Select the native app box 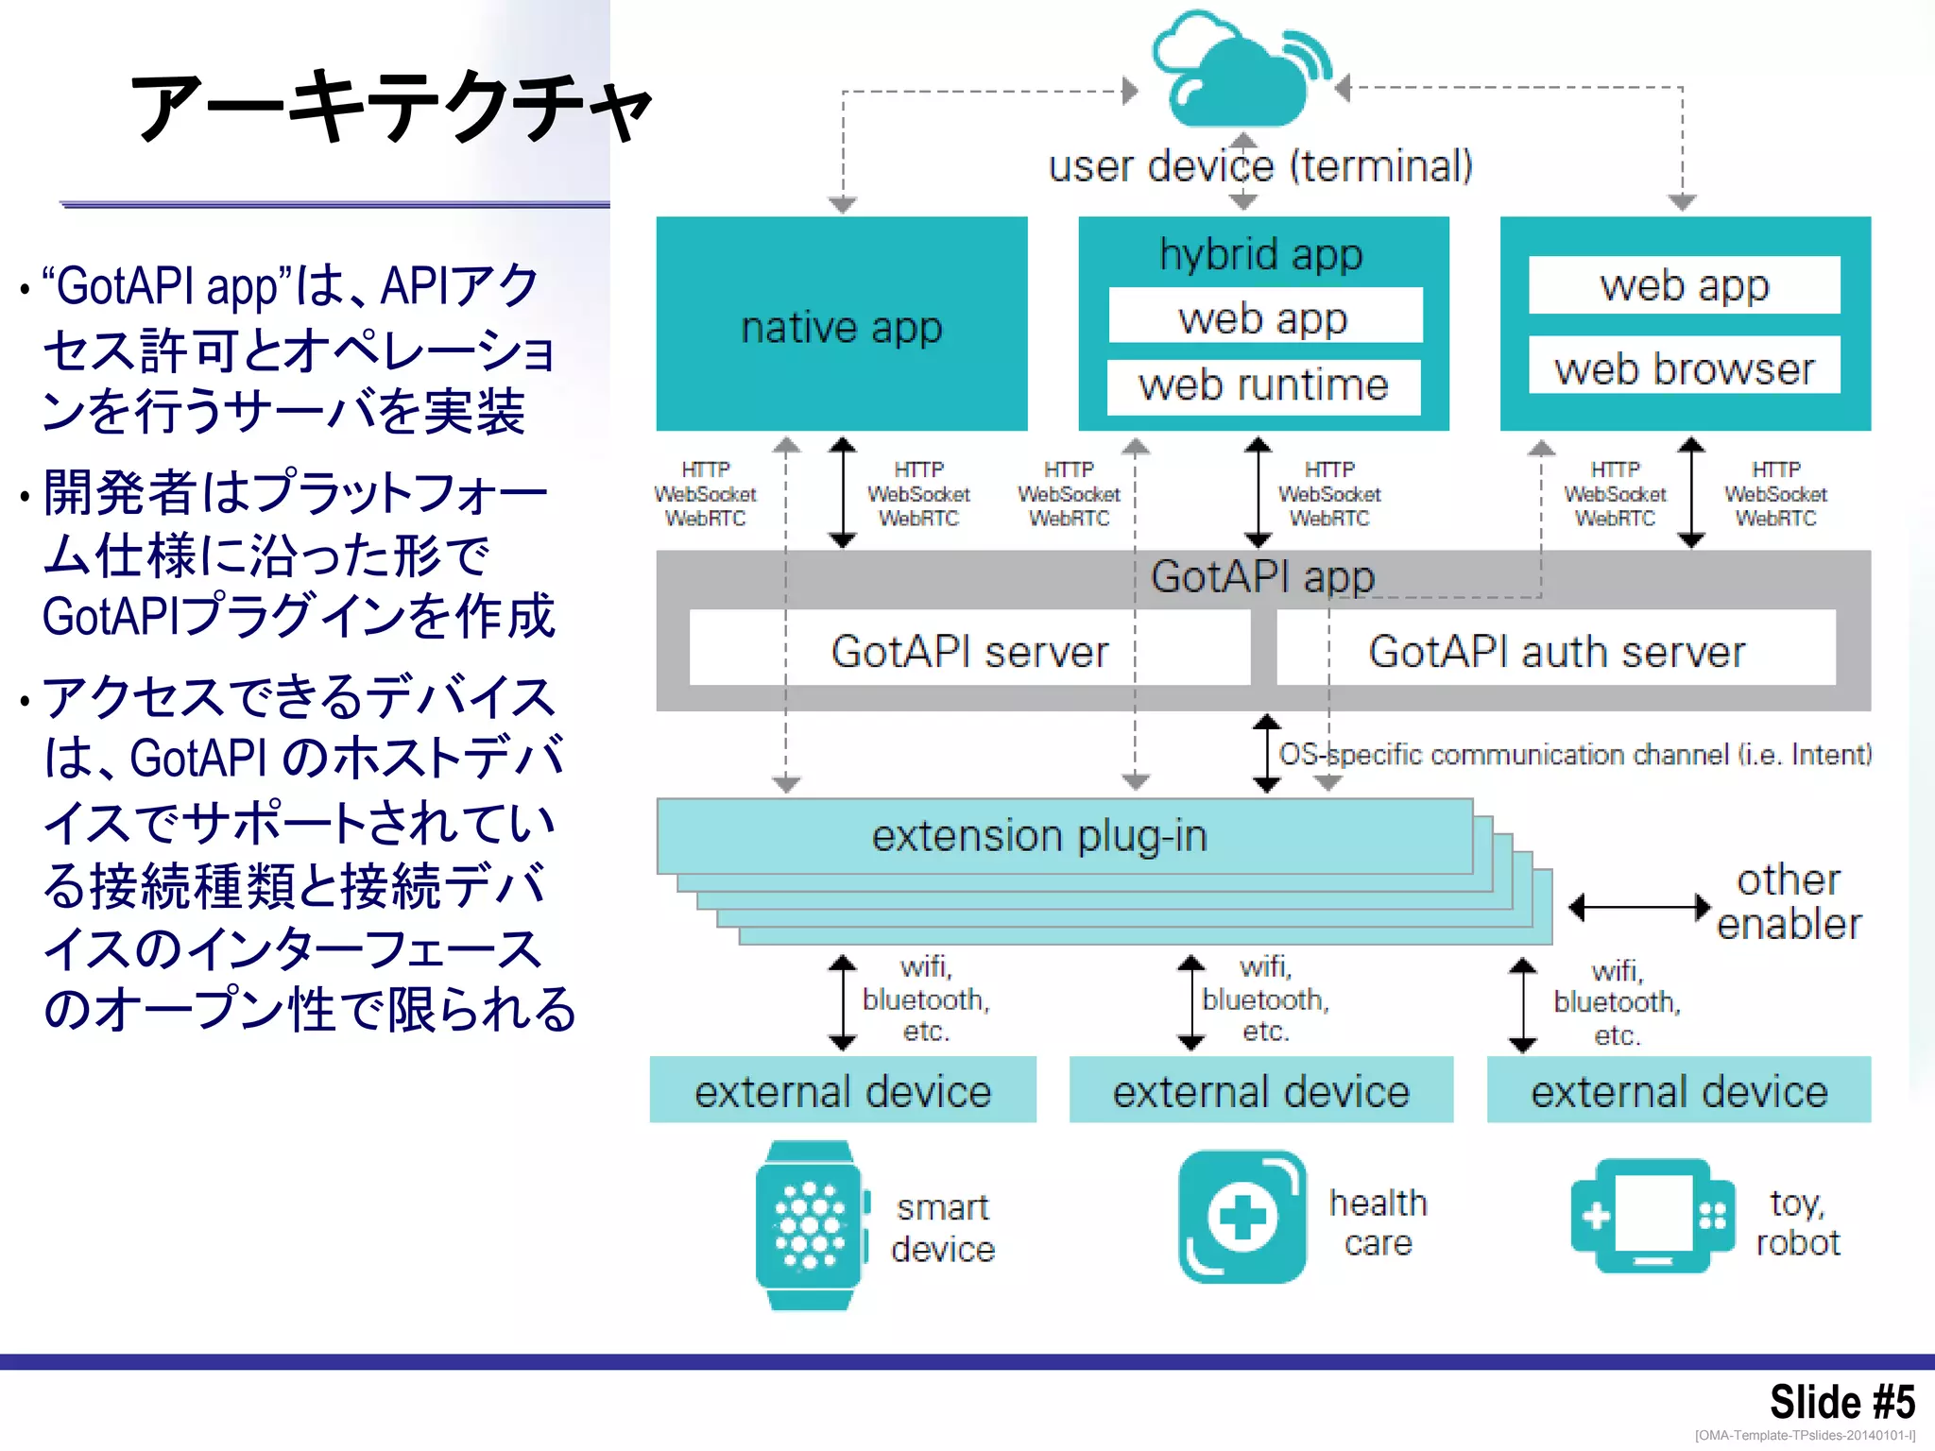(x=841, y=326)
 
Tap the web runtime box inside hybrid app (x=1263, y=386)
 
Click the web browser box (x=1685, y=367)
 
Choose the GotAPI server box (x=969, y=650)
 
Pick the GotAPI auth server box (x=1556, y=650)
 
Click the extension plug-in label (x=1039, y=836)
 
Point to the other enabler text (x=1789, y=902)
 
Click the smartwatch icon (x=810, y=1225)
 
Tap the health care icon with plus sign (x=1242, y=1217)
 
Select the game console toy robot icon (x=1652, y=1217)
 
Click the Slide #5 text (x=1841, y=1401)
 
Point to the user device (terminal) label (x=1260, y=166)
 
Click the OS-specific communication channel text (x=1575, y=754)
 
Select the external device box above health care (x=1260, y=1091)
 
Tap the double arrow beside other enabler (x=1639, y=908)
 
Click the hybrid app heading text (x=1260, y=254)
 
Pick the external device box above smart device (x=843, y=1091)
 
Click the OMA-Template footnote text (x=1805, y=1435)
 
